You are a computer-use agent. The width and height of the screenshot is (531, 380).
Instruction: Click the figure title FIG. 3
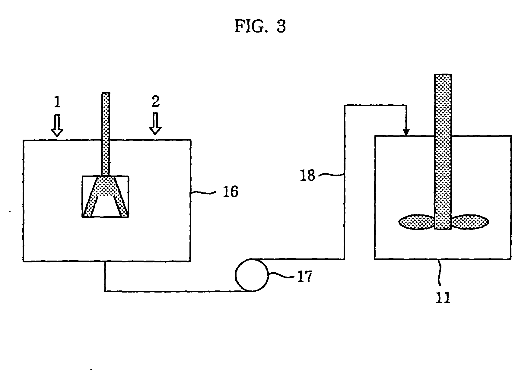(260, 27)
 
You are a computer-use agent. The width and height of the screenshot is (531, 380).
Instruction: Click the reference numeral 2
(155, 102)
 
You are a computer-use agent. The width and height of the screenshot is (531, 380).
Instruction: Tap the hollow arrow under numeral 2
(155, 123)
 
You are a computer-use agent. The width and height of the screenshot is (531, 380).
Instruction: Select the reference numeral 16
(231, 192)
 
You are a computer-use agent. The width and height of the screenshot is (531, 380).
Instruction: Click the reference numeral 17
(304, 277)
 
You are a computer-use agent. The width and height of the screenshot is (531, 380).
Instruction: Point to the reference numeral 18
(307, 175)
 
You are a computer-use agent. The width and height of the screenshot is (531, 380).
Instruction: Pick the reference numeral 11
(443, 298)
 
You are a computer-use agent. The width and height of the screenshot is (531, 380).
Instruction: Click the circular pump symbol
(252, 275)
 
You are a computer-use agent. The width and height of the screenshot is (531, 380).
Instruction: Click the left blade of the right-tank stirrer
(417, 222)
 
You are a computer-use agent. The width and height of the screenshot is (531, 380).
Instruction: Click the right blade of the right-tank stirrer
(470, 222)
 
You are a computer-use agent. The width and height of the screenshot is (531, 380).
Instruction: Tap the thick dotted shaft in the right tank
(443, 151)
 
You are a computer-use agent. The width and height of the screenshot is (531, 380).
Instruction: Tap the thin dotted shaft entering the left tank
(106, 134)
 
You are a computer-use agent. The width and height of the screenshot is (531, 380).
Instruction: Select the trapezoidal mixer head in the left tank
(106, 196)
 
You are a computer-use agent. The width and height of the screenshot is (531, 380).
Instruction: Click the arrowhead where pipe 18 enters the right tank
(406, 132)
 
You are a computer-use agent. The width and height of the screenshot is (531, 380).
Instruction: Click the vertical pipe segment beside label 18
(345, 182)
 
